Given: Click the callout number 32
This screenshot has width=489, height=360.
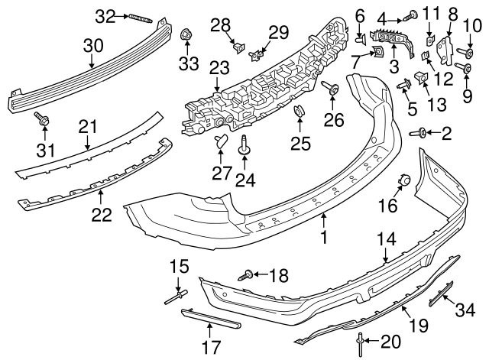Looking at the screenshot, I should click(104, 16).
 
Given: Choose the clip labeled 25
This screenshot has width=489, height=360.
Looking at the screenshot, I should click(298, 115).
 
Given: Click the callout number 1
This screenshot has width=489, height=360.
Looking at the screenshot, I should click(323, 238).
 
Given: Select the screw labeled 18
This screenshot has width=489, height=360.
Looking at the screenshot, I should click(248, 275).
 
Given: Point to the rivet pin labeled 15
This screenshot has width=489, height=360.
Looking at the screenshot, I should click(175, 295).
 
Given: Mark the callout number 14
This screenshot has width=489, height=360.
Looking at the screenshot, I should click(387, 239).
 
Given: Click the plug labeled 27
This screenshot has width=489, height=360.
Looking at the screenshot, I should click(221, 140).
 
